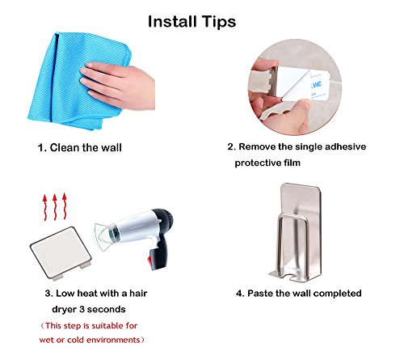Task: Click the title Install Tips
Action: pos(191,22)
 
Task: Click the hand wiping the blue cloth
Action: pos(119,86)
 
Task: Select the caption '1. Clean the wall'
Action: pos(80,147)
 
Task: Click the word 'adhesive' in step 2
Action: pos(345,146)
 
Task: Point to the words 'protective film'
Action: pos(267,163)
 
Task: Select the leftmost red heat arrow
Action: pos(45,207)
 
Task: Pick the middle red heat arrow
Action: pos(55,206)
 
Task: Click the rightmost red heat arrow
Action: pos(65,205)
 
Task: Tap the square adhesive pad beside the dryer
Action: pos(61,253)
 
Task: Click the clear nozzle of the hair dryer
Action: pos(106,235)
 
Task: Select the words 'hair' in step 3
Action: pos(138,294)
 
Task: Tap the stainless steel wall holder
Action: pos(297,233)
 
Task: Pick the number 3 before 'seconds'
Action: pos(82,309)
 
